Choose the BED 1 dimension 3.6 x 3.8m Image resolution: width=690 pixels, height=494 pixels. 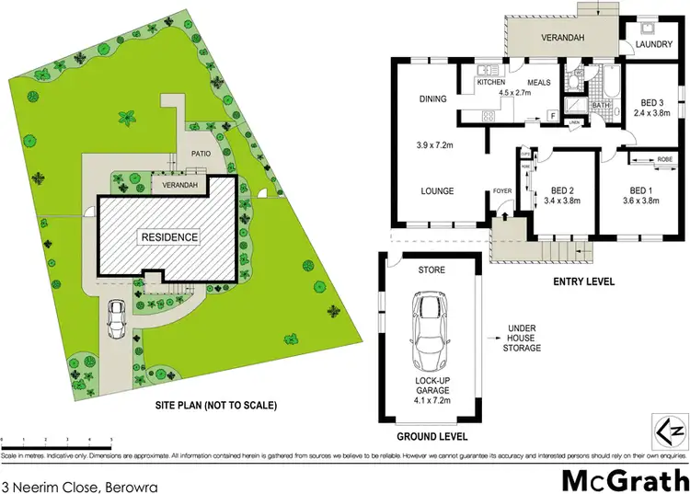click(x=641, y=201)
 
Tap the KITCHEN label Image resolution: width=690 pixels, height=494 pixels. click(x=492, y=82)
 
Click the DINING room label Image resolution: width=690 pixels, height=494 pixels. click(x=407, y=98)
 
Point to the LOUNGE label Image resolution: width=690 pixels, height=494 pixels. click(x=409, y=191)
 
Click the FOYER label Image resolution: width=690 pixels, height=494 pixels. click(x=502, y=192)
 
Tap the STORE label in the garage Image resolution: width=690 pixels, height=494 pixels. click(x=431, y=270)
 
